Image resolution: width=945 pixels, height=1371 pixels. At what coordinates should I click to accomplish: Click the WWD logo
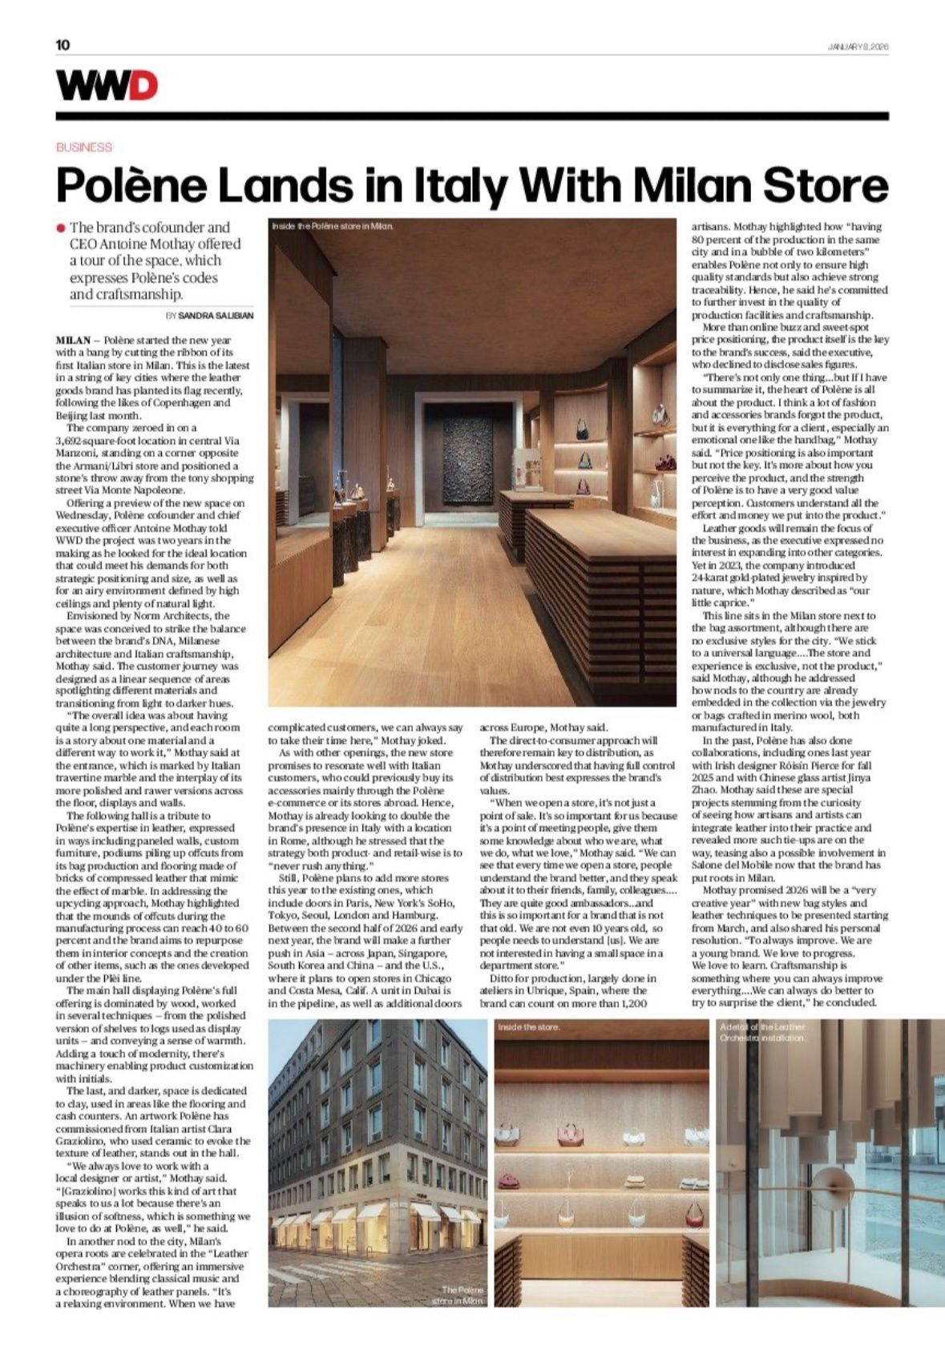point(107,85)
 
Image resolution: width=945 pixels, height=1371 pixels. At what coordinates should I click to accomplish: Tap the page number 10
point(63,45)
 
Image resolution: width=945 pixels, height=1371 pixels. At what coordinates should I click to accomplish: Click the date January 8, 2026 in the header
point(858,46)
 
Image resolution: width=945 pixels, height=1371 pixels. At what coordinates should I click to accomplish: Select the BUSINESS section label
point(84,147)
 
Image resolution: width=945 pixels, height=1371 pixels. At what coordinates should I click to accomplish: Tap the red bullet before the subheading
point(60,228)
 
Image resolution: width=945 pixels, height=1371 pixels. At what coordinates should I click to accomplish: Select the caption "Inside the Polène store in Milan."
point(333,227)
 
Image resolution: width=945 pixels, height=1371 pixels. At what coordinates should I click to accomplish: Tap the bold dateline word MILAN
point(73,341)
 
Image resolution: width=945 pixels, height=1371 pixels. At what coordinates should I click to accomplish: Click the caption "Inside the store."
point(529,1026)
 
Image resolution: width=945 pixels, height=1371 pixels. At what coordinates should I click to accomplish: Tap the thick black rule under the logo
point(472,116)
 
